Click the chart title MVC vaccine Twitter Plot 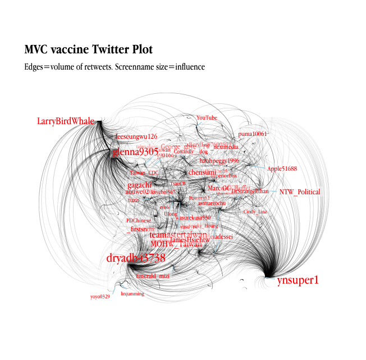(x=88, y=49)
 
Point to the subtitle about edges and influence (x=115, y=67)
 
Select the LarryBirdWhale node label (x=66, y=121)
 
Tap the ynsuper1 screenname (x=298, y=280)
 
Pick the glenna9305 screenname (x=135, y=152)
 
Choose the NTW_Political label (x=300, y=192)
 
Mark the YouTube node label (x=207, y=118)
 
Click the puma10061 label (x=252, y=134)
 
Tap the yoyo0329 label (x=100, y=296)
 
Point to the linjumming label (x=132, y=293)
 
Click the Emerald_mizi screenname (x=153, y=276)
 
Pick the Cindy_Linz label (x=255, y=212)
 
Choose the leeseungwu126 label (x=136, y=136)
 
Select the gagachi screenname (x=139, y=185)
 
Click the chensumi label (x=202, y=172)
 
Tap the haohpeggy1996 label (x=219, y=161)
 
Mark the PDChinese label (x=139, y=221)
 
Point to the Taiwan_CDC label (x=145, y=173)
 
